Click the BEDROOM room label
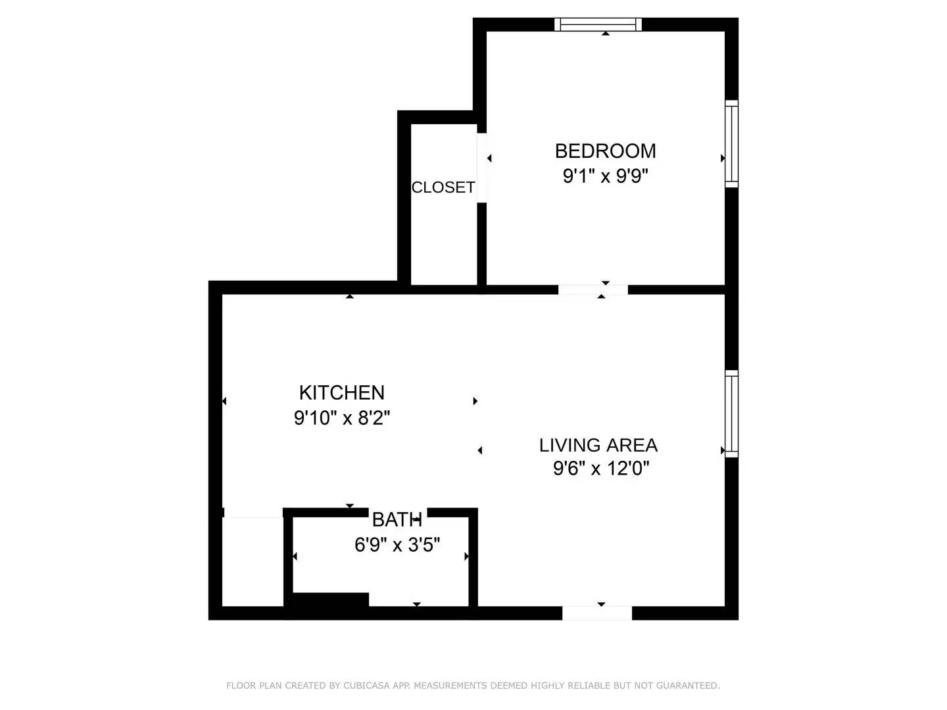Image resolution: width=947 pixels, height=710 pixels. click(x=605, y=151)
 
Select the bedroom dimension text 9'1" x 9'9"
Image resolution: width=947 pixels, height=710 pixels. click(x=605, y=176)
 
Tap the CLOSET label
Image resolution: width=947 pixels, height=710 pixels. click(x=443, y=187)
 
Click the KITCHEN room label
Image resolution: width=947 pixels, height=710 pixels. click(x=341, y=392)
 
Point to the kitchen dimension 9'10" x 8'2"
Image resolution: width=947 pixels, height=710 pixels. click(x=342, y=417)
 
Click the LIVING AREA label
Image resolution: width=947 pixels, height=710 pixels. click(x=598, y=445)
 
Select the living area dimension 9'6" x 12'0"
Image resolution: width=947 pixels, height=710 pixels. click(x=601, y=469)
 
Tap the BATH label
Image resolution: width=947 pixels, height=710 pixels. click(x=397, y=519)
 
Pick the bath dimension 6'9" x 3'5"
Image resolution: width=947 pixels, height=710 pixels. click(x=397, y=545)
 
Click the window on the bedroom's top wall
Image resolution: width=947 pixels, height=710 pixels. click(x=598, y=24)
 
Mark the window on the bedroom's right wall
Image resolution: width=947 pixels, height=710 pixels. click(x=731, y=144)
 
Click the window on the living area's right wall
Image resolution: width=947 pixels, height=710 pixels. click(x=731, y=414)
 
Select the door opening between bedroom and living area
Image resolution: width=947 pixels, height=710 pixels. click(x=593, y=290)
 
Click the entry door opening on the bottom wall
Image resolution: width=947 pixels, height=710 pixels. click(x=596, y=613)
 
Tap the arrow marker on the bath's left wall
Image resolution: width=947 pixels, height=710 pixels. click(x=295, y=557)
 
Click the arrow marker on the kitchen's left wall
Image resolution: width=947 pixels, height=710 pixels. click(x=224, y=401)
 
